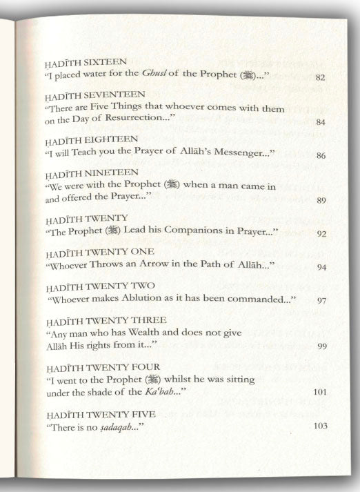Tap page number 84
pos(321,122)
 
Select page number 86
pos(321,155)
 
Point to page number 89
pos(321,201)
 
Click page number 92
pos(321,234)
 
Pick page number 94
pos(321,267)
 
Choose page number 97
pos(321,301)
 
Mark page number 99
pos(321,346)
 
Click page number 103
pos(319,426)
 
